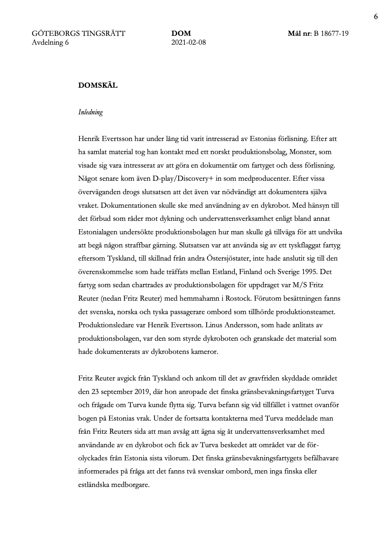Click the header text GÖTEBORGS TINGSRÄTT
pyautogui.click(x=79, y=34)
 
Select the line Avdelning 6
pyautogui.click(x=50, y=42)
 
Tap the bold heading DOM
pyautogui.click(x=181, y=34)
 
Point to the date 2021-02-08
pyautogui.click(x=189, y=42)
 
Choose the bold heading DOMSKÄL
pyautogui.click(x=98, y=85)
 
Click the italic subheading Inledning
pyautogui.click(x=90, y=112)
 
